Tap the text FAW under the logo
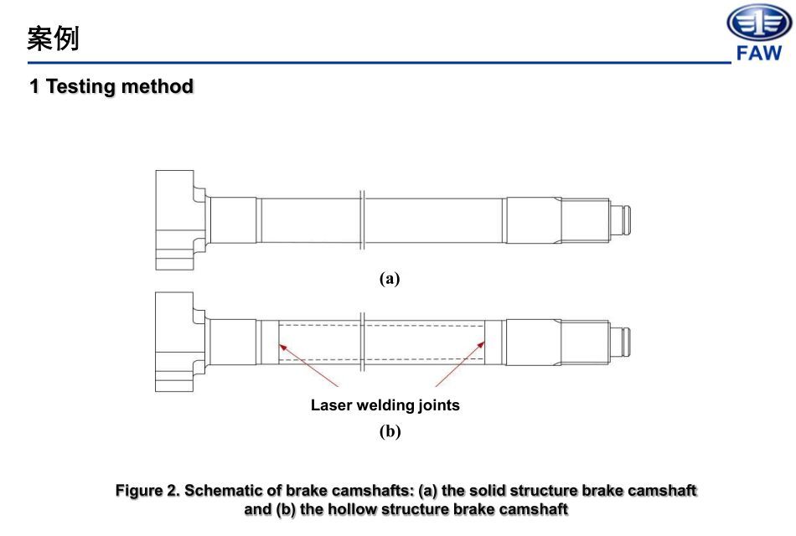(x=758, y=54)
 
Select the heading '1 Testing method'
(x=111, y=86)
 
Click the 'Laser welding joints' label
(x=385, y=405)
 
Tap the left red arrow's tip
(x=280, y=342)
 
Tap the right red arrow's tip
(x=486, y=340)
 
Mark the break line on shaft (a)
(x=361, y=219)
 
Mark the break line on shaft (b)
(x=361, y=342)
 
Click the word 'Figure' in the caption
(x=139, y=491)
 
